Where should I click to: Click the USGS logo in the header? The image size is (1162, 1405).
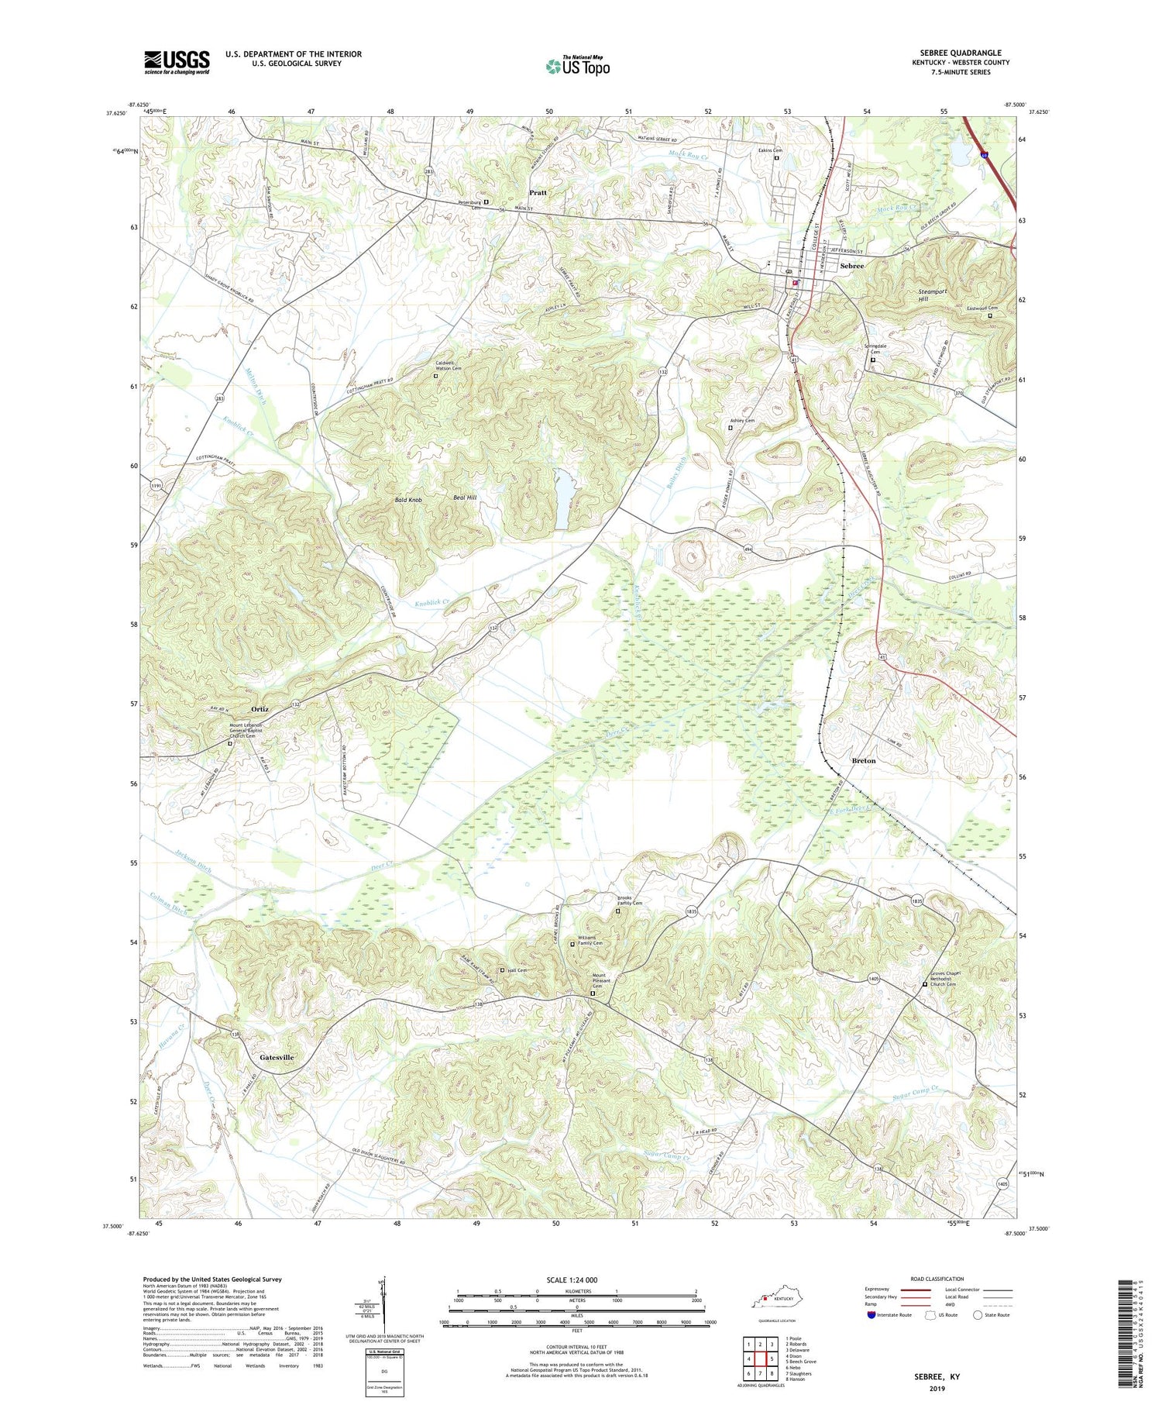(177, 62)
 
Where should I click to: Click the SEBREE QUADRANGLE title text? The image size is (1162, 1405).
(961, 53)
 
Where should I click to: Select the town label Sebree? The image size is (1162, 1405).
(851, 266)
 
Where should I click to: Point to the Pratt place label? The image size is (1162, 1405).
(538, 192)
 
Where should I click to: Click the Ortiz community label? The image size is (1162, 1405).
(260, 709)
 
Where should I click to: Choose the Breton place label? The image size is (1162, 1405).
(863, 760)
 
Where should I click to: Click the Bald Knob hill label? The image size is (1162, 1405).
(408, 501)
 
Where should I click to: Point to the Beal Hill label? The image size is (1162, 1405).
(465, 498)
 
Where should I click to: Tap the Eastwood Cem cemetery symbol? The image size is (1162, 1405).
(989, 315)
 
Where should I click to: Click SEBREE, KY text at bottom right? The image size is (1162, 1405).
(937, 1376)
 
